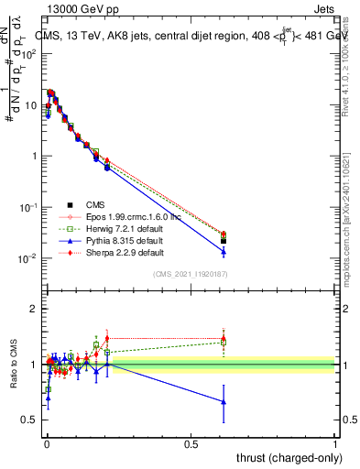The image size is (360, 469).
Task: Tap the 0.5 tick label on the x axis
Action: pyautogui.click(x=191, y=444)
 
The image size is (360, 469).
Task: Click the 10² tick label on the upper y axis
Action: pyautogui.click(x=28, y=53)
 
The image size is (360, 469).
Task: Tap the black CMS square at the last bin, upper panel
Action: pyautogui.click(x=223, y=241)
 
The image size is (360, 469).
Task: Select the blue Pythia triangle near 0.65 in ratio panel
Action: pyautogui.click(x=223, y=401)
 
